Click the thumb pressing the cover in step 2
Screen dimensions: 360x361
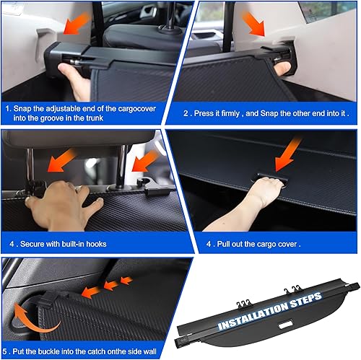[284, 69]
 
